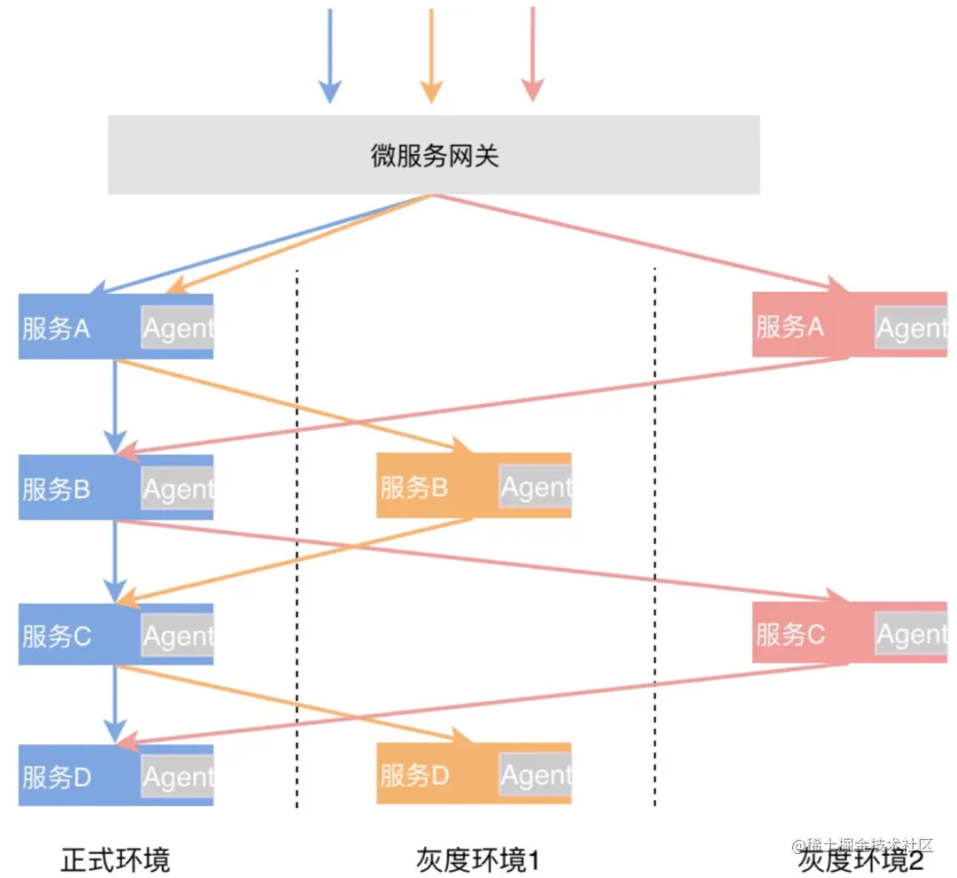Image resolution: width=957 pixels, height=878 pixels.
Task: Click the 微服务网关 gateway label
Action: [434, 156]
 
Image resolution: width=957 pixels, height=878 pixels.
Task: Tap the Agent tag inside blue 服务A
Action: [177, 329]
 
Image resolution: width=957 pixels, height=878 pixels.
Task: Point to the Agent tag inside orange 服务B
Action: [535, 486]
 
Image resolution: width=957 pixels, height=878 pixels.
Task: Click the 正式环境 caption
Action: [115, 859]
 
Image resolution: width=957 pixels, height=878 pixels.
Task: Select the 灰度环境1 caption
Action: [478, 859]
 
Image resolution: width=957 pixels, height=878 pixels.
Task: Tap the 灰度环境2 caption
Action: [860, 859]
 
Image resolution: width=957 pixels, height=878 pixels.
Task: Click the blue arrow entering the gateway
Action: [330, 53]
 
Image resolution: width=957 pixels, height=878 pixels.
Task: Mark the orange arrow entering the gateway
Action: [431, 53]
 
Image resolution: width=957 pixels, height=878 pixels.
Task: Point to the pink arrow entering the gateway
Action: [532, 53]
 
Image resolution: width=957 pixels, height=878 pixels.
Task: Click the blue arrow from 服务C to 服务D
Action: [114, 700]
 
